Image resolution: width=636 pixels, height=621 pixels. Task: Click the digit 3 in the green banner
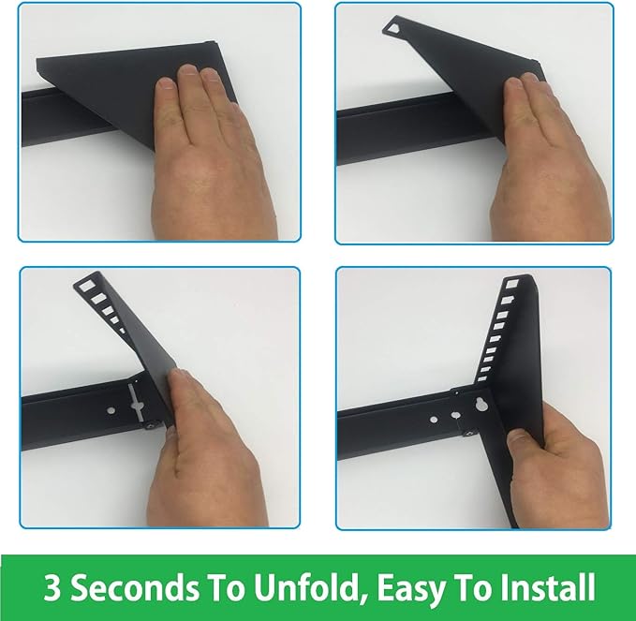click(x=52, y=586)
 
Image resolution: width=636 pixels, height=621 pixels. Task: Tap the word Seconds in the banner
click(x=136, y=586)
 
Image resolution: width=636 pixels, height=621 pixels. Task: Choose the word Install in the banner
click(x=548, y=586)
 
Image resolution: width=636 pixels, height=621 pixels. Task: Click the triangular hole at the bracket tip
click(x=392, y=28)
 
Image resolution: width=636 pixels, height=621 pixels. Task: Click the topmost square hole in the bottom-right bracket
click(x=512, y=284)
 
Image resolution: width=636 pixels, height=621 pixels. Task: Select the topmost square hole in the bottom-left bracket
click(x=87, y=286)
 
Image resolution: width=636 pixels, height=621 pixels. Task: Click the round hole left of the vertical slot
click(x=111, y=411)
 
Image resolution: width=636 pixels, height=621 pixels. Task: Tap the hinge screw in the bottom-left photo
click(x=149, y=426)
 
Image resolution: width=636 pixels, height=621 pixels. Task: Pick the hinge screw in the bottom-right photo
click(x=469, y=433)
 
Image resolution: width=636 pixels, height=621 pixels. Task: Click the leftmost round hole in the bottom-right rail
click(x=434, y=420)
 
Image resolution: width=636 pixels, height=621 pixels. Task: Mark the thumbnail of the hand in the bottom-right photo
click(x=519, y=437)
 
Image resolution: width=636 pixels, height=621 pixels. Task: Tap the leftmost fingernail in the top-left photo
click(x=166, y=83)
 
